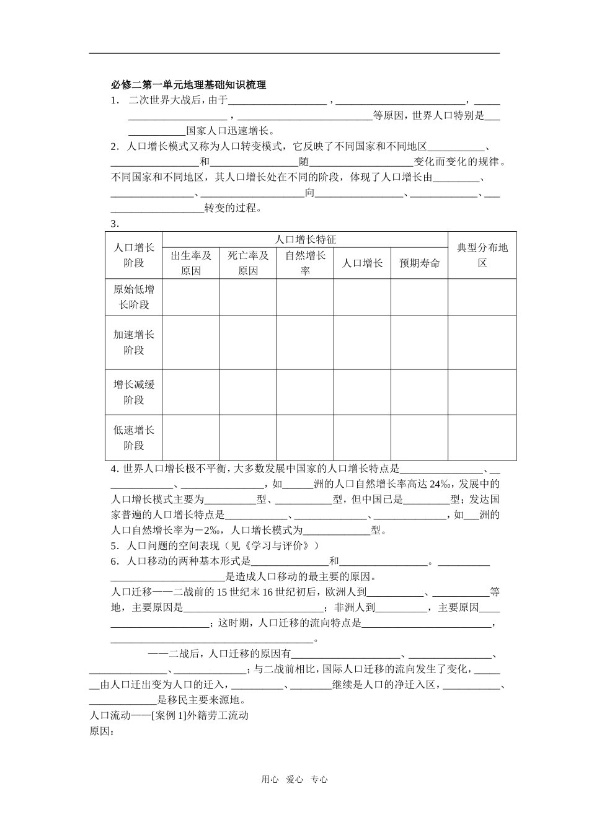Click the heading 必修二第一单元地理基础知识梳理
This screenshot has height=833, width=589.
pyautogui.click(x=188, y=85)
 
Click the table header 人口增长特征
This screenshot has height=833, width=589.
pyautogui.click(x=305, y=240)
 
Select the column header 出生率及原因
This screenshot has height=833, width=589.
pyautogui.click(x=191, y=263)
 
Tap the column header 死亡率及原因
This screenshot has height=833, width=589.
pyautogui.click(x=248, y=263)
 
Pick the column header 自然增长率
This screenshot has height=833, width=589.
pyautogui.click(x=305, y=263)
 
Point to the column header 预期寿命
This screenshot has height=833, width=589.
pyautogui.click(x=420, y=263)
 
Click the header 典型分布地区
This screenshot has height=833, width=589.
pyautogui.click(x=482, y=255)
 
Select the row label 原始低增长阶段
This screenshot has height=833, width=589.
pyautogui.click(x=134, y=297)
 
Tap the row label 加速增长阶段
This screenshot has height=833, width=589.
pyautogui.click(x=134, y=342)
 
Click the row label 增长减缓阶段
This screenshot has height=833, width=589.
pyautogui.click(x=134, y=392)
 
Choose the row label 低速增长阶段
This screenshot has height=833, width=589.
pyautogui.click(x=134, y=438)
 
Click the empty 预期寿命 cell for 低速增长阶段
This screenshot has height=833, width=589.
pyautogui.click(x=420, y=438)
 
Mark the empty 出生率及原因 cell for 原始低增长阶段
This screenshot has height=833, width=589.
pyautogui.click(x=191, y=297)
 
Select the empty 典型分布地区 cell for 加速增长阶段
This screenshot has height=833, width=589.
pyautogui.click(x=482, y=342)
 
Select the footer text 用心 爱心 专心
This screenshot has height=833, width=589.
pyautogui.click(x=294, y=780)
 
